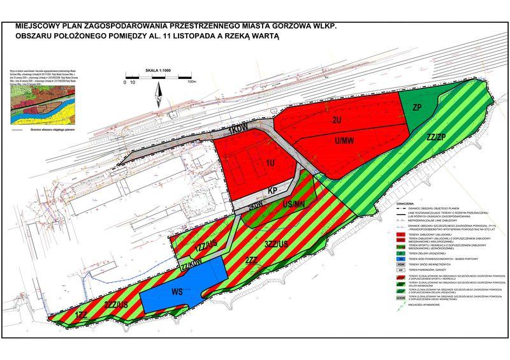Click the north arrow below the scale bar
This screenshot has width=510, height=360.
159,96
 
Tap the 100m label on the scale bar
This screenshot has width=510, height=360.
191,82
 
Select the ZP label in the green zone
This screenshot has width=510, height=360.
418,106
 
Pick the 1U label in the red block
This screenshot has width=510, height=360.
270,163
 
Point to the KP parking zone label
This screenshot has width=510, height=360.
270,191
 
